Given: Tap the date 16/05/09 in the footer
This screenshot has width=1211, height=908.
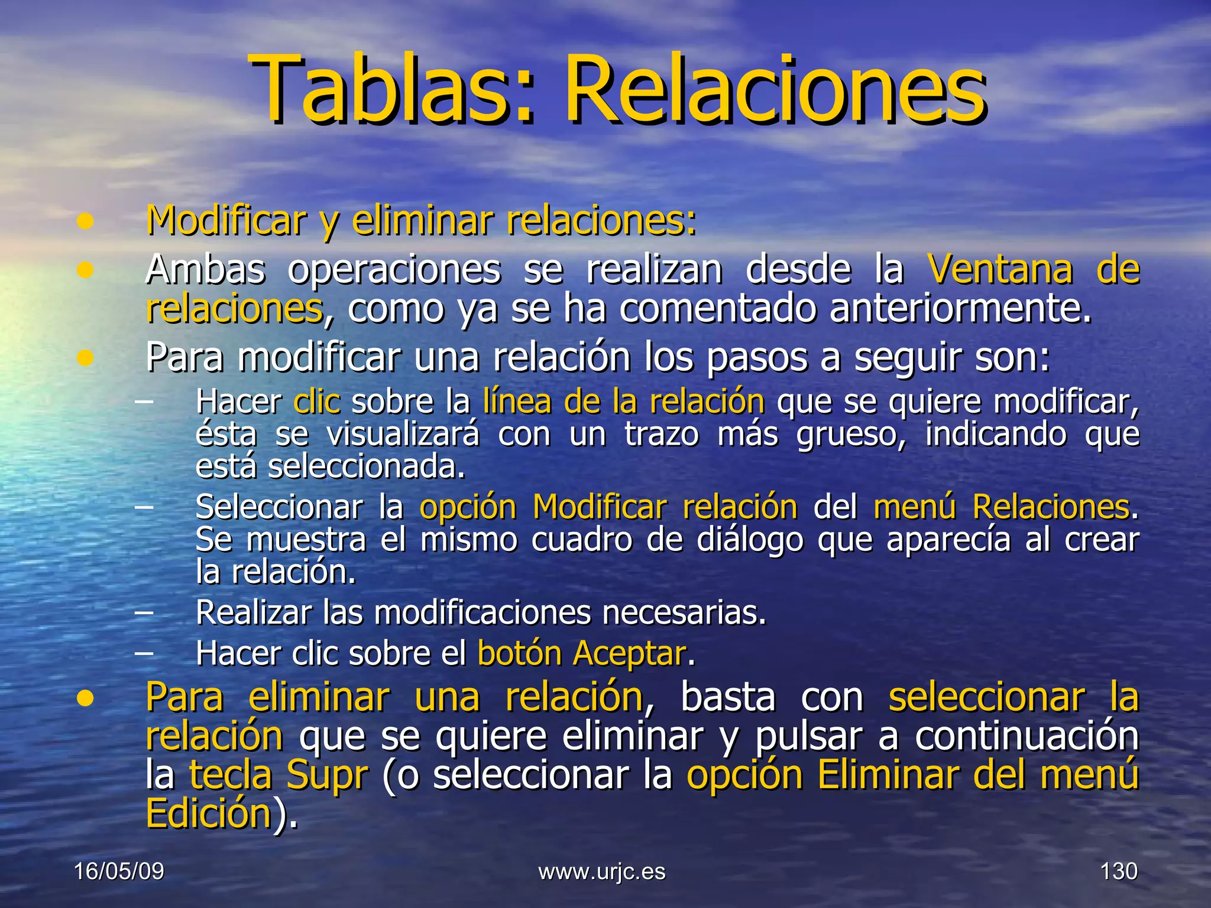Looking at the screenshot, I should (x=119, y=871).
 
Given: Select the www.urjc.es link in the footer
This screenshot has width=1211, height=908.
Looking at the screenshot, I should (x=602, y=872).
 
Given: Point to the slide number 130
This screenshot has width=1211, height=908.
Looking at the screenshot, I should (x=1118, y=871).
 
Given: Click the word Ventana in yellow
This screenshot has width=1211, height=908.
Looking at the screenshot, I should (x=999, y=270).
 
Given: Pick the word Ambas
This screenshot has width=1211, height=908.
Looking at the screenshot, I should (x=205, y=270).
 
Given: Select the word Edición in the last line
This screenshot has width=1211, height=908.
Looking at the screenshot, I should (x=208, y=814).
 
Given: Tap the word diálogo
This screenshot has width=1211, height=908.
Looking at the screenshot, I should (x=749, y=540).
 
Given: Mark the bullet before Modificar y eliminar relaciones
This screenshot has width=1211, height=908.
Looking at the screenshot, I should (x=86, y=222).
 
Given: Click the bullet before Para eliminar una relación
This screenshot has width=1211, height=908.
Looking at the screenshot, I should (x=86, y=698).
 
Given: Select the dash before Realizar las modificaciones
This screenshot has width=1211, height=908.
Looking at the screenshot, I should (x=144, y=613).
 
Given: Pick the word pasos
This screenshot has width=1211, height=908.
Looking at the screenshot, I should (x=756, y=358).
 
